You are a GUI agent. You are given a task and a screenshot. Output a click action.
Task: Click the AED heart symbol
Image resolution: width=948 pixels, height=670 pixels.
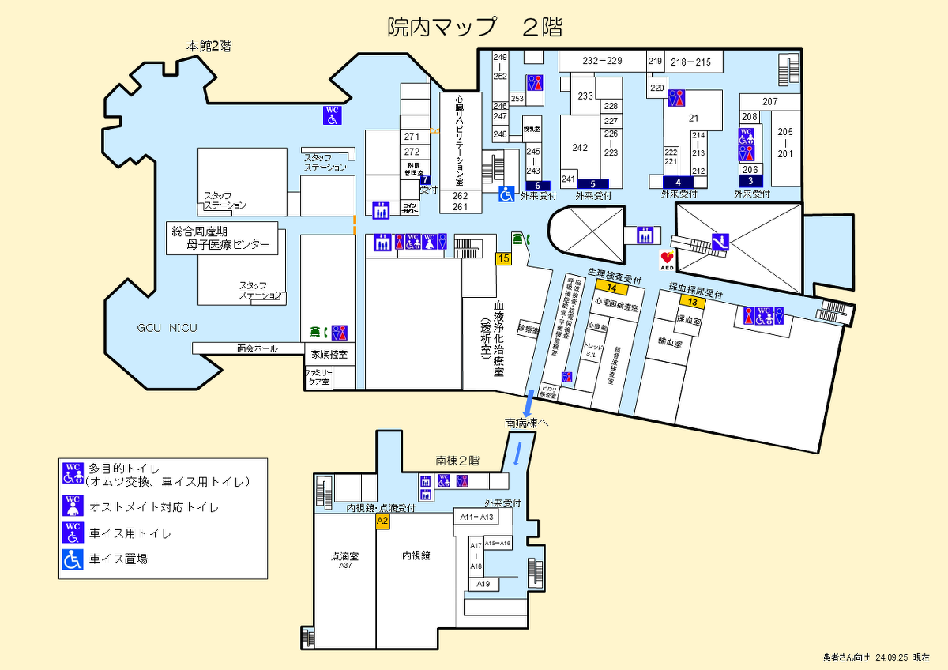[x=668, y=257]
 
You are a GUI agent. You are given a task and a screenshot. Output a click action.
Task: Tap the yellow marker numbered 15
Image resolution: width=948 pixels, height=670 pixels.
[x=503, y=258]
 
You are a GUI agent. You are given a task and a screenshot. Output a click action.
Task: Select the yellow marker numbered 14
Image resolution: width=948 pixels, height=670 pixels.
[x=611, y=288]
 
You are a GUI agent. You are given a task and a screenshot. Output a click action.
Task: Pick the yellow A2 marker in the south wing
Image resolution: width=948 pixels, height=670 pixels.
[x=382, y=521]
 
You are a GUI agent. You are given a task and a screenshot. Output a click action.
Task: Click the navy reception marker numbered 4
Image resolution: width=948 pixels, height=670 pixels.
[x=678, y=182]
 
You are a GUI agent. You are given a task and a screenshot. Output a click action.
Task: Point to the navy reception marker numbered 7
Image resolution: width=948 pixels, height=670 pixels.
[x=426, y=179]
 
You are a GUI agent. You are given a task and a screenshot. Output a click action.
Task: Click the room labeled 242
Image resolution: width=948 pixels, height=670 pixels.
[x=580, y=148]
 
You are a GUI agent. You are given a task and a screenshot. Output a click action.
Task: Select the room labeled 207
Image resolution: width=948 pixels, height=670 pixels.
[x=769, y=102]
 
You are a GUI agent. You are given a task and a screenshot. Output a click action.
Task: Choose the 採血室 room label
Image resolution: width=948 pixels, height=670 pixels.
[x=688, y=320]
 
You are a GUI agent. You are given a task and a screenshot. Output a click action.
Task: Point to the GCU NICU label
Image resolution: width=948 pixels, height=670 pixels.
[x=167, y=328]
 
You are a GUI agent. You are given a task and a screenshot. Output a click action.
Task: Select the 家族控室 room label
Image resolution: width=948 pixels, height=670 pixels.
[x=329, y=354]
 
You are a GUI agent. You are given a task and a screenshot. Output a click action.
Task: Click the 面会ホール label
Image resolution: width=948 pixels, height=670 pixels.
[x=257, y=348]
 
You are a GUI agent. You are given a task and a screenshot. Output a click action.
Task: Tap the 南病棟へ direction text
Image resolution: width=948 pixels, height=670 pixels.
[x=527, y=423]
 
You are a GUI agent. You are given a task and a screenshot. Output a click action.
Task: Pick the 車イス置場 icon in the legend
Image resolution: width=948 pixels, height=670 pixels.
[x=73, y=559]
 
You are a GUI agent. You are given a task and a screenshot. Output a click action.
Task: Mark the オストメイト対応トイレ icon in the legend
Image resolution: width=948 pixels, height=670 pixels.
[x=73, y=506]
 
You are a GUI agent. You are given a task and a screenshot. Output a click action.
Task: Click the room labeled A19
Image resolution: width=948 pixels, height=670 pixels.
[x=484, y=584]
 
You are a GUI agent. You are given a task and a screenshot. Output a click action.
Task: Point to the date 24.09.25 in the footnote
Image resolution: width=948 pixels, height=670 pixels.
[x=892, y=657]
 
